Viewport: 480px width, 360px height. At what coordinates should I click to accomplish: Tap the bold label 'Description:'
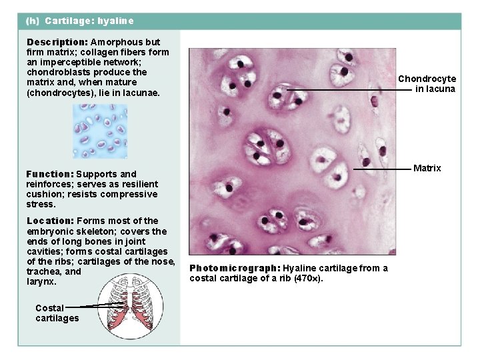pos(57,42)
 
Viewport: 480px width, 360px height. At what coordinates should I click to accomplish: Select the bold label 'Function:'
pos(49,174)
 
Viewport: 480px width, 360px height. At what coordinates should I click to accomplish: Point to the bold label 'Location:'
pos(50,221)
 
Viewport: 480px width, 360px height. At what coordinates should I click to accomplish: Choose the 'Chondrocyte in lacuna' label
pos(427,83)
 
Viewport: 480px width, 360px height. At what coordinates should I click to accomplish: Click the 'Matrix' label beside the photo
pos(427,168)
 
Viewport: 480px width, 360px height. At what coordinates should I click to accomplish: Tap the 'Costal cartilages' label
pos(57,313)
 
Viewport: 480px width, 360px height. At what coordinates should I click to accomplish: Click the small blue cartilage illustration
pos(100,131)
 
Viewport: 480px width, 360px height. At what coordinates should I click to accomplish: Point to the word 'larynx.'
pos(41,281)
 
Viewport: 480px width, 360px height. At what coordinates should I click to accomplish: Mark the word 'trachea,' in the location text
pos(45,271)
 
